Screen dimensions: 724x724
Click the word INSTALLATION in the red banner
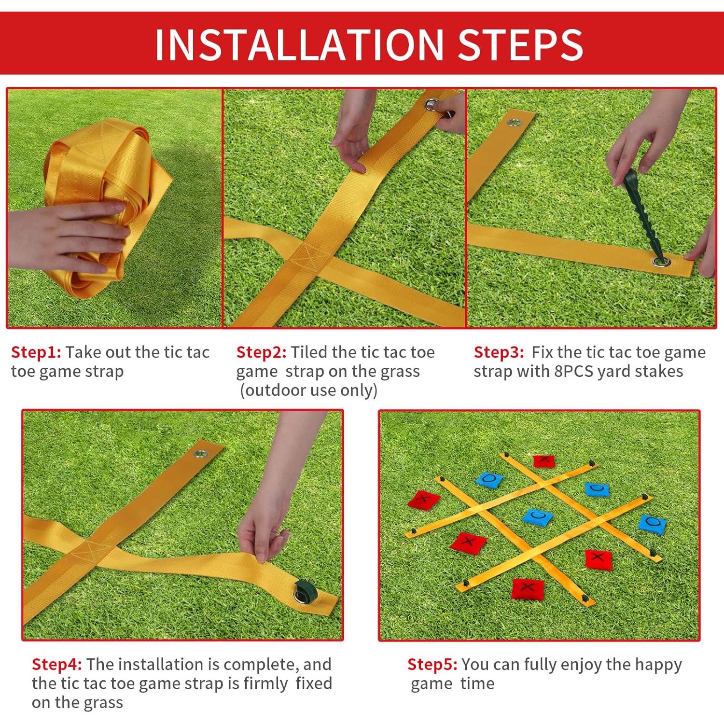[x=299, y=44]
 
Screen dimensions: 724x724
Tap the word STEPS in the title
[x=520, y=44]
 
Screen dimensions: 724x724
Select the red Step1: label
[x=36, y=353]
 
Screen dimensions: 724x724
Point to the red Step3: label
[x=499, y=353]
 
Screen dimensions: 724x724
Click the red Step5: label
[x=432, y=665]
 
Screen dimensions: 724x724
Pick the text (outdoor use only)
[x=308, y=390]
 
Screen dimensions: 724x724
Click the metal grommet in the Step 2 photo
[x=432, y=104]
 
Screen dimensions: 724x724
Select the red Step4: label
[x=57, y=665]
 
